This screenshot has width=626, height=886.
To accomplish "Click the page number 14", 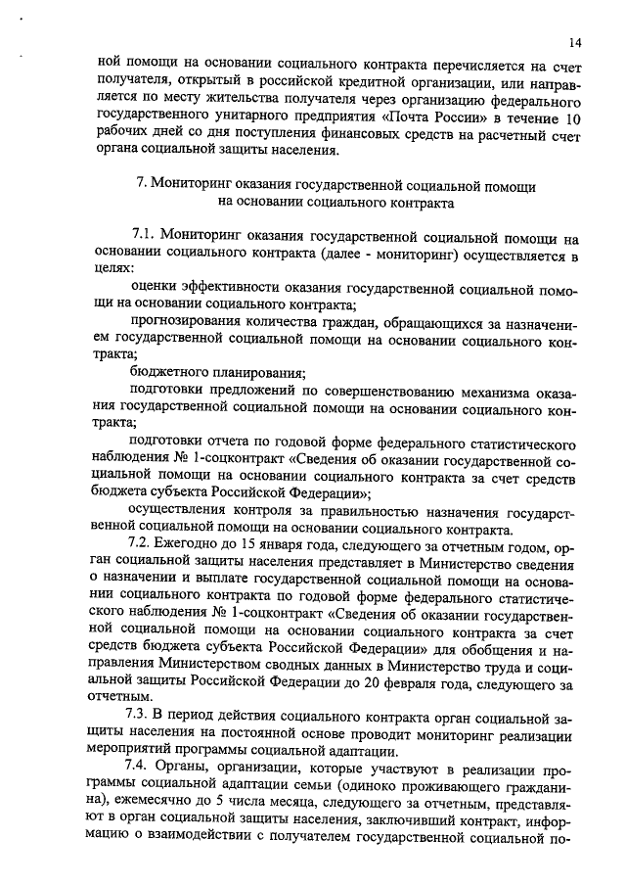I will coord(573,43).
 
